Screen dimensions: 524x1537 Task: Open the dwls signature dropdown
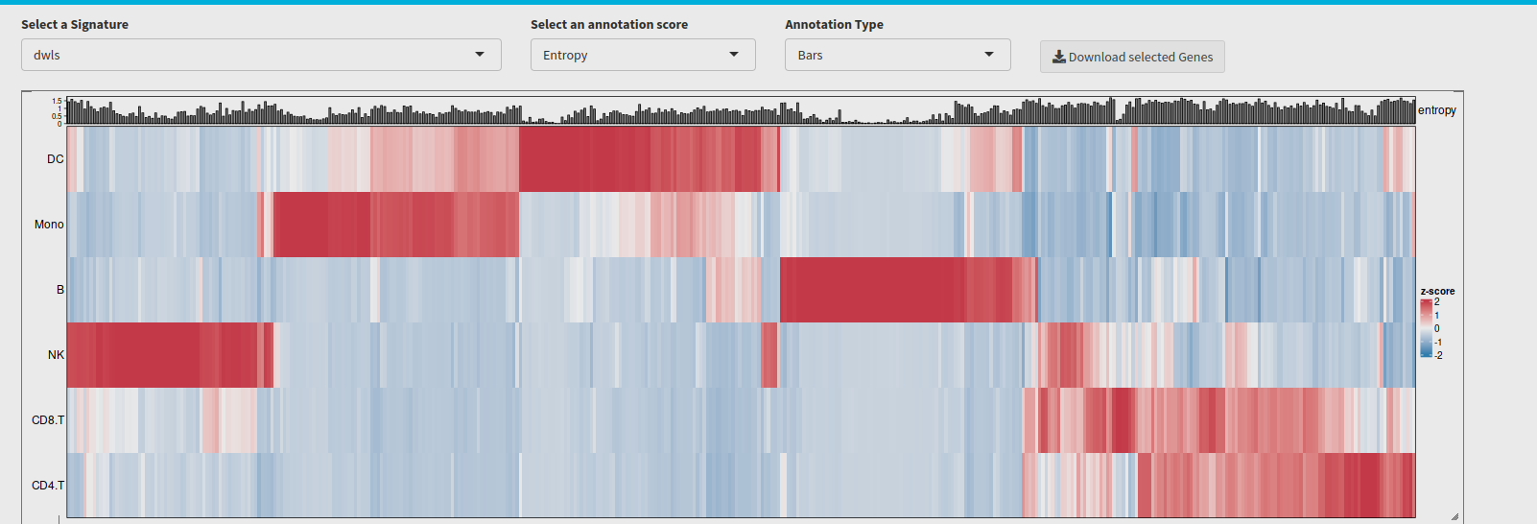click(261, 55)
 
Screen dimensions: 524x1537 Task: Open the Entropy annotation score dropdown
click(643, 55)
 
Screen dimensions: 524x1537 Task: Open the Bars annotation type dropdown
click(897, 55)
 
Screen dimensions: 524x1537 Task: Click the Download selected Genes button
click(1132, 57)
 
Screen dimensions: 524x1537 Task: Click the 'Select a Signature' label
click(75, 24)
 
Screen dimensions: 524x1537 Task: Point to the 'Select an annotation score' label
click(609, 24)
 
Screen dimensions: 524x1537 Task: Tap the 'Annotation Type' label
click(834, 24)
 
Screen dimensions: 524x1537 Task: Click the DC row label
click(56, 159)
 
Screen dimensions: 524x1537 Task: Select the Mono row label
click(49, 225)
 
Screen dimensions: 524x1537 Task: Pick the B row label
click(60, 290)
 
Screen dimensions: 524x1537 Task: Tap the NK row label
click(56, 355)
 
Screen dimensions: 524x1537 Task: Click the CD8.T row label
click(48, 420)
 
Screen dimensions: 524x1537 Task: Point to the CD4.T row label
click(48, 486)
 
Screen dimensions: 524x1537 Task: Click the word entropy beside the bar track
click(1437, 110)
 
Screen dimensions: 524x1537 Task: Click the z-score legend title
click(1437, 291)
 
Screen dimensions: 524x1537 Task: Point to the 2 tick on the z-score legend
click(1437, 302)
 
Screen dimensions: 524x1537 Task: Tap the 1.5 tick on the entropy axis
click(57, 101)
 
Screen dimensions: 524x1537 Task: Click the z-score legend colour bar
click(1426, 328)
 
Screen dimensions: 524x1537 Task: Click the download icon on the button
click(1059, 57)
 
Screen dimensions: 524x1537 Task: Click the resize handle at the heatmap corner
click(1454, 516)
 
